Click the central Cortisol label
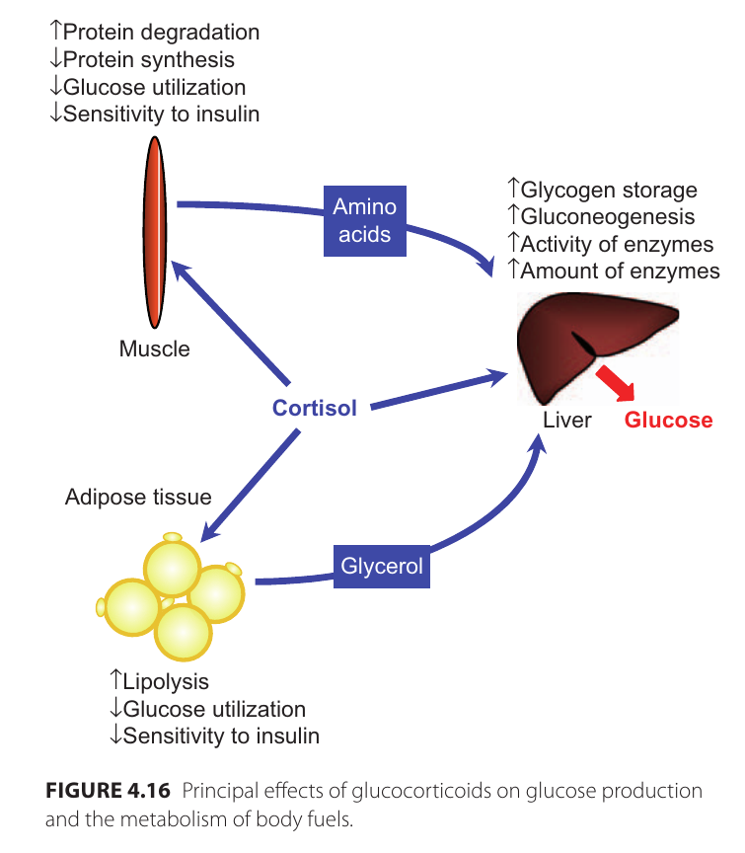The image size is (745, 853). [314, 408]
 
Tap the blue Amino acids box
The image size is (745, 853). [365, 220]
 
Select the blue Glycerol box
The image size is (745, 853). [382, 567]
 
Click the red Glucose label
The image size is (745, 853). [668, 420]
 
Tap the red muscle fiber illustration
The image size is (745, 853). [154, 231]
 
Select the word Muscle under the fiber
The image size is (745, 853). [154, 349]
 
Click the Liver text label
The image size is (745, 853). [566, 420]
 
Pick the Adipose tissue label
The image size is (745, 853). [138, 497]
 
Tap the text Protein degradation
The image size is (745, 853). [161, 33]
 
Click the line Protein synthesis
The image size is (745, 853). [148, 59]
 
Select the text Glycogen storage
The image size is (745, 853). [609, 190]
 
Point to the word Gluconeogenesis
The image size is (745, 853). [608, 216]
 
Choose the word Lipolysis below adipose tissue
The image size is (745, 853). [166, 682]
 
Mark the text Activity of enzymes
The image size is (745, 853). [617, 243]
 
